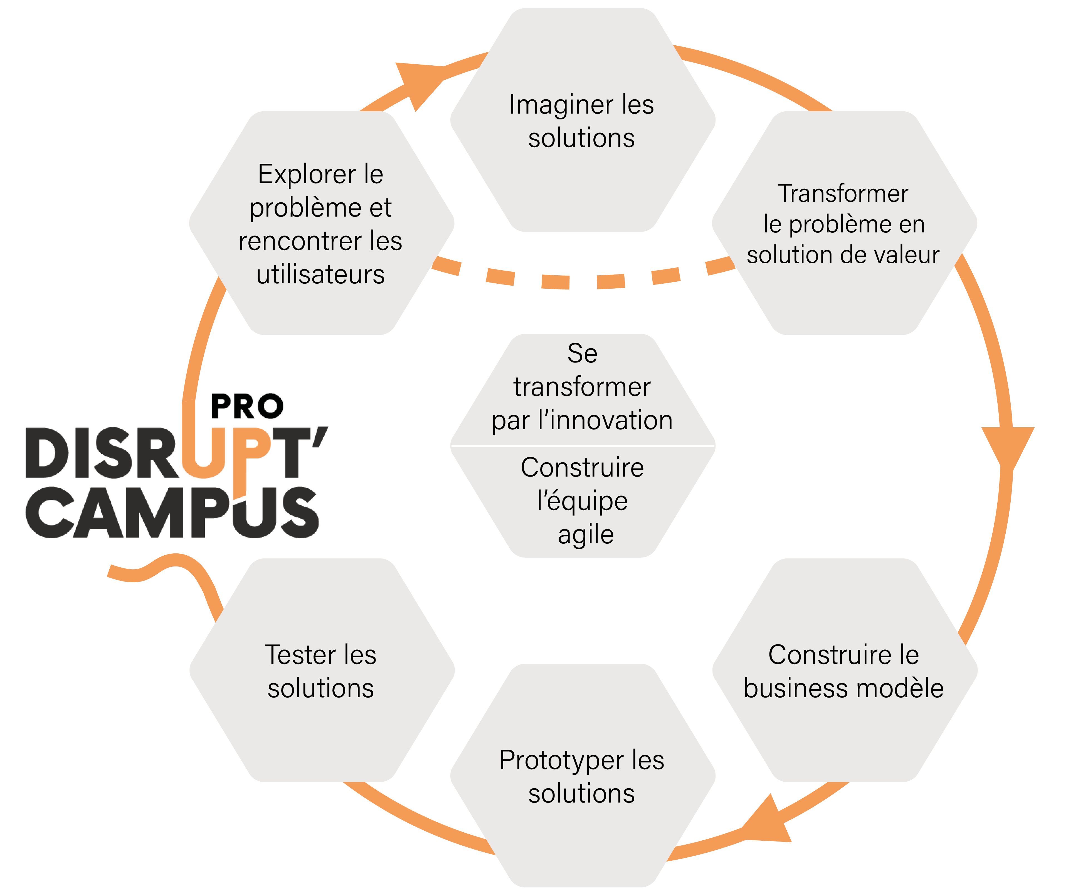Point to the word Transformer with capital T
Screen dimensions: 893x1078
click(843, 193)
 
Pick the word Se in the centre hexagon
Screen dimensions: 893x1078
click(582, 353)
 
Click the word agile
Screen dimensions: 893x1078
click(585, 534)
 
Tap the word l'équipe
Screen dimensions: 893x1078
click(582, 501)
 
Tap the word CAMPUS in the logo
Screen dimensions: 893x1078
click(172, 512)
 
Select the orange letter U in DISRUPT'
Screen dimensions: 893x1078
click(204, 452)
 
